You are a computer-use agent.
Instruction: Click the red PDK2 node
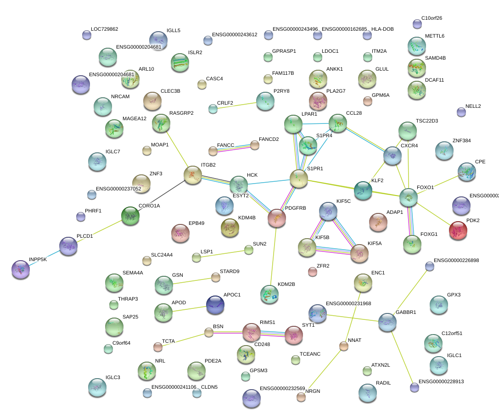(458, 230)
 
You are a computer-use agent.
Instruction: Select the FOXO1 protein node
(408, 197)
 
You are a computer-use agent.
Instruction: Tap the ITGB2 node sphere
(192, 175)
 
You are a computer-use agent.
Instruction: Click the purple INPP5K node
(21, 269)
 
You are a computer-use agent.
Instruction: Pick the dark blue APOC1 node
(215, 305)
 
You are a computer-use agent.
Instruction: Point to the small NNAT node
(343, 346)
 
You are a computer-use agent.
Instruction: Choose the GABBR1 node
(387, 323)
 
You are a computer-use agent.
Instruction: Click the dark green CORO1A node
(130, 216)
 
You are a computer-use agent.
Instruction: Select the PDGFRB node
(276, 218)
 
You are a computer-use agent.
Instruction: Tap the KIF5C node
(328, 211)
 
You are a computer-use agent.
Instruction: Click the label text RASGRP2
(181, 113)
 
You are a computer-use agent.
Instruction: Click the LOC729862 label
(104, 29)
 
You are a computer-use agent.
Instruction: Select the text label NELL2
(473, 106)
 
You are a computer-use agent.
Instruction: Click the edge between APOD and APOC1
(189, 309)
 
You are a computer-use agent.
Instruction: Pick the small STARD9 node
(215, 277)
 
